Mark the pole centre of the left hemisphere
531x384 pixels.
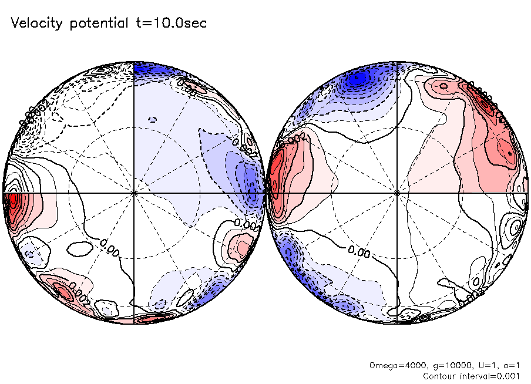135,193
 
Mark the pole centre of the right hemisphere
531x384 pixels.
398,193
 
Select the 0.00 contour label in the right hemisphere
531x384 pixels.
358,251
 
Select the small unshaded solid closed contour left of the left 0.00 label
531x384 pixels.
80,249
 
